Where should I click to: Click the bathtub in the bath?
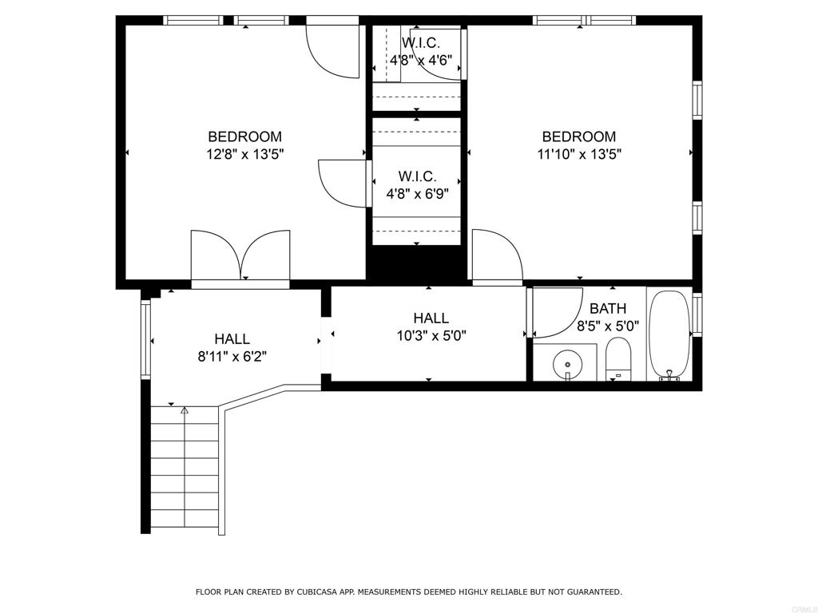point(669,335)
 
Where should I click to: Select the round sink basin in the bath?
point(568,364)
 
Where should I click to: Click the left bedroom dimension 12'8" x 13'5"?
point(244,155)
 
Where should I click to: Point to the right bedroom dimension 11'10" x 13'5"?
point(579,155)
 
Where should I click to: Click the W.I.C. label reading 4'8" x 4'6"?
point(420,60)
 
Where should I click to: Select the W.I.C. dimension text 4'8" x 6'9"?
point(418,193)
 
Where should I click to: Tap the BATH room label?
point(608,308)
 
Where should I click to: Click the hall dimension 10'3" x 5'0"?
point(431,336)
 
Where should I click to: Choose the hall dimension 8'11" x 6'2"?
point(232,357)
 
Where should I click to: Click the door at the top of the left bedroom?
point(333,49)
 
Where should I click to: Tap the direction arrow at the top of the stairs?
point(185,410)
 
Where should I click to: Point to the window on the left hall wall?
point(145,338)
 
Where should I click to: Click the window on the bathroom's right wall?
point(697,314)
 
